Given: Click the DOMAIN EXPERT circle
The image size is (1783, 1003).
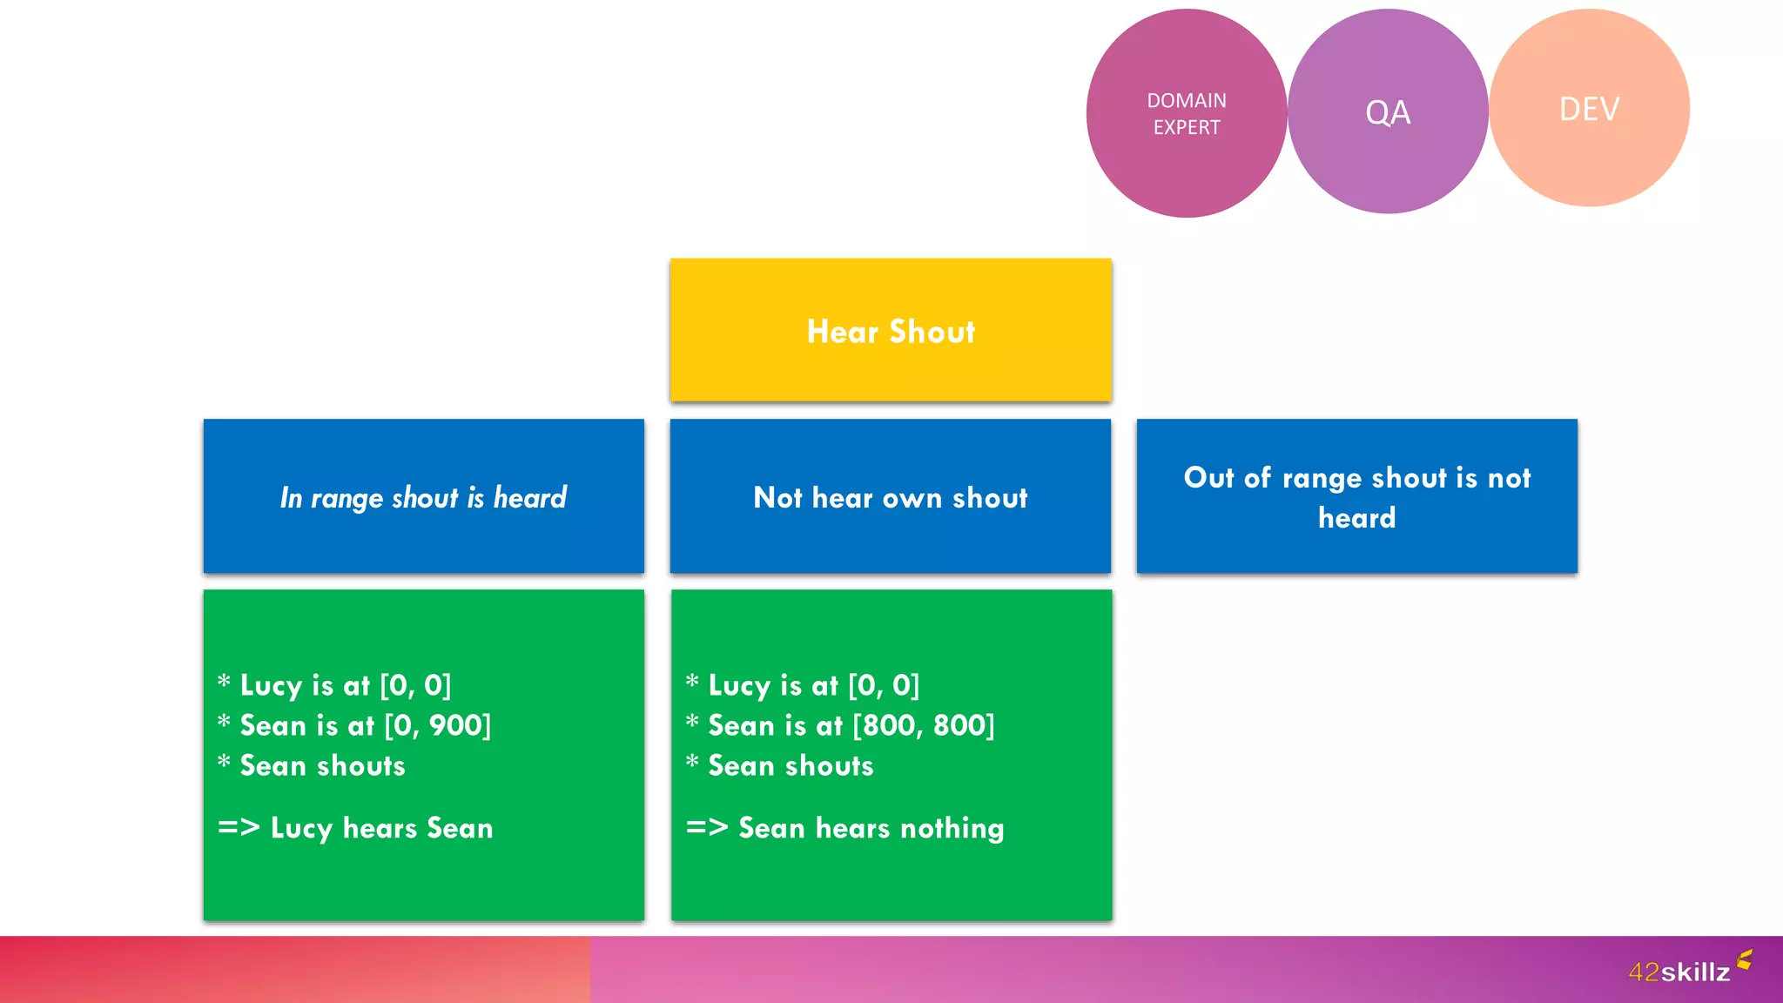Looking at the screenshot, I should pos(1186,113).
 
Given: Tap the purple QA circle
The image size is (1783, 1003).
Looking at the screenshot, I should pos(1388,111).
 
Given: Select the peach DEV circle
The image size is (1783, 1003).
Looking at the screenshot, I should pos(1589,108).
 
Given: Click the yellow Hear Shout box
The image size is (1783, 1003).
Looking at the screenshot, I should pos(891,330).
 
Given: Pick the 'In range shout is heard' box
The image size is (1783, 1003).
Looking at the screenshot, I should pos(424,496).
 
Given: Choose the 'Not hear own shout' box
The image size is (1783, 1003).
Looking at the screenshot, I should pos(891,496).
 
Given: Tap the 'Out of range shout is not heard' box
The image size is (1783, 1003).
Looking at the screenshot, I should pos(1356,496).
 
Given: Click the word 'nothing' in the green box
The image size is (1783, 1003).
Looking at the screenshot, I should pos(952,828).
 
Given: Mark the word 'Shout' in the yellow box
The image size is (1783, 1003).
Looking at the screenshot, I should pos(932,332).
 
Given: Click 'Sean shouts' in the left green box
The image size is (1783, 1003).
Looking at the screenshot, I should pos(322,766).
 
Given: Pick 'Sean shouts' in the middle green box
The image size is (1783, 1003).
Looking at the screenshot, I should pos(791,766).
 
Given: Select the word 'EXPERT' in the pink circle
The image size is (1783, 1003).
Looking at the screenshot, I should pos(1187,127).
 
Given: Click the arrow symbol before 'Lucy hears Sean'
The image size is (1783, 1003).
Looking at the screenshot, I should pos(239,827).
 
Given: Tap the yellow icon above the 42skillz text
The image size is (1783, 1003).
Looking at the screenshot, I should pos(1745,959).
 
